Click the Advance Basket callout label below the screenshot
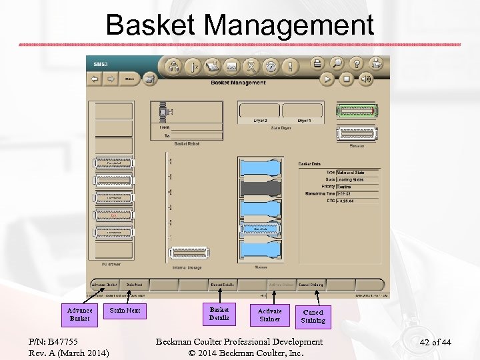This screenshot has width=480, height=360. coord(80,314)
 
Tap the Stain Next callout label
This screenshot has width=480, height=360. coord(125,310)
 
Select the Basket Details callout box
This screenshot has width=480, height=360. coord(219,314)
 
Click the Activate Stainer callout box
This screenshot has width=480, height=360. coord(270,315)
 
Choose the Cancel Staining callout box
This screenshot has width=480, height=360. coord(313,316)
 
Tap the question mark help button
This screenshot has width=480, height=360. coord(357,64)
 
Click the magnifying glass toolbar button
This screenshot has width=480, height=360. coord(337,64)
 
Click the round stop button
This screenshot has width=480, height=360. coord(347,79)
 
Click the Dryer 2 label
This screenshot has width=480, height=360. coord(261,121)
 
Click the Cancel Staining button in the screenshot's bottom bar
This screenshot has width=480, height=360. coord(311,285)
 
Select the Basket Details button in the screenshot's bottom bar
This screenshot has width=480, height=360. coord(223,285)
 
